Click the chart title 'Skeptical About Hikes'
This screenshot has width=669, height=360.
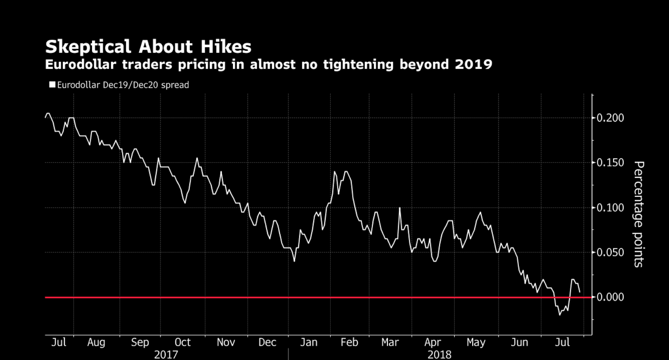(x=148, y=46)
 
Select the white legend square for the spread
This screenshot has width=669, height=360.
(x=52, y=84)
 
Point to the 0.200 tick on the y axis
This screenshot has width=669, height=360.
(x=610, y=118)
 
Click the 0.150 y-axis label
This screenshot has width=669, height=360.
(x=610, y=163)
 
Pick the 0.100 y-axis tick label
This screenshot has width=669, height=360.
(x=610, y=208)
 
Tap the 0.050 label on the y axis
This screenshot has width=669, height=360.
(x=610, y=253)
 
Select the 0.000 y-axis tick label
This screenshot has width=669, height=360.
(x=610, y=297)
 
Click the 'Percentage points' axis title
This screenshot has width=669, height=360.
(x=638, y=214)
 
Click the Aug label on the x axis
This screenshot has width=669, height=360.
(x=96, y=342)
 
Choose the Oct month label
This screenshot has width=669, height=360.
(x=182, y=342)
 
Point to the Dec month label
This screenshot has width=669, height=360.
(x=267, y=342)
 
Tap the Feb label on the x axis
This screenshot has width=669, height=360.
(x=349, y=342)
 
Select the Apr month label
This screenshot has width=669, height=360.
(x=432, y=342)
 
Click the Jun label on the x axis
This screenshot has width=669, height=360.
(x=519, y=342)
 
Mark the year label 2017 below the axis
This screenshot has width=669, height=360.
(x=166, y=355)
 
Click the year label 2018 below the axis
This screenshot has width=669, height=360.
(x=439, y=355)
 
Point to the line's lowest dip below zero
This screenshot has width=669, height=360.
(x=559, y=315)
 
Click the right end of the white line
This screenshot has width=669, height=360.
(x=580, y=292)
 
